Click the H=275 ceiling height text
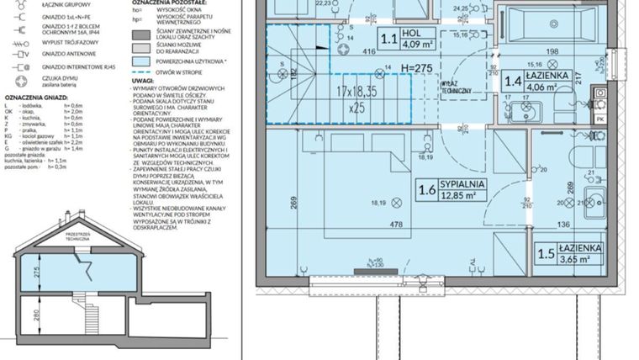pyautogui.click(x=415, y=67)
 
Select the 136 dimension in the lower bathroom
pyautogui.click(x=563, y=224)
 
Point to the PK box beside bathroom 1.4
pyautogui.click(x=599, y=119)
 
